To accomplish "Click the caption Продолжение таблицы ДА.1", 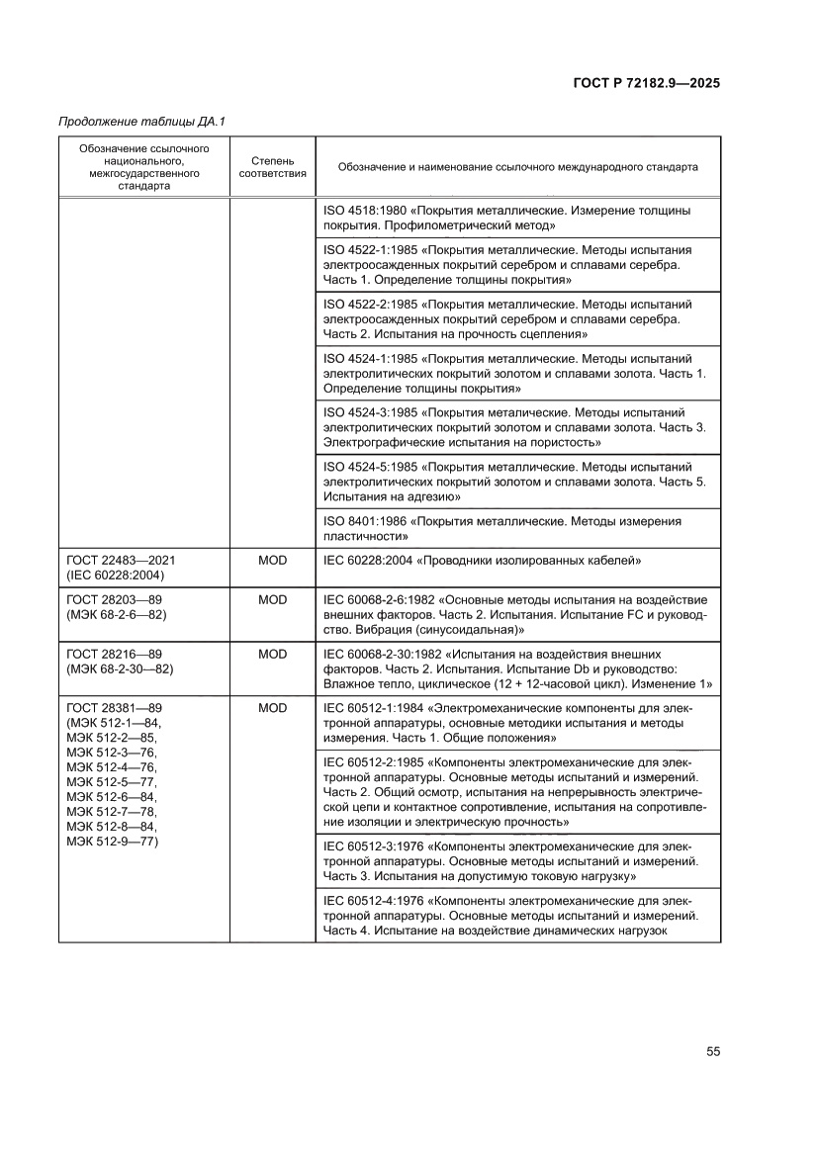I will click(x=142, y=122).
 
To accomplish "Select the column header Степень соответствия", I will click(x=272, y=166).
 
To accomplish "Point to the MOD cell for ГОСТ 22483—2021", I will click(x=272, y=560).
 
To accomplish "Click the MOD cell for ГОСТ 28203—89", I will click(x=272, y=600).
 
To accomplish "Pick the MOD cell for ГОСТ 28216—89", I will click(x=272, y=655).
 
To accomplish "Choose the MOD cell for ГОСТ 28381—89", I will click(x=272, y=708).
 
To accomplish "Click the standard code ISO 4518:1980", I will click(x=368, y=211).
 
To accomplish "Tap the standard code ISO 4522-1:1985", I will click(x=375, y=250).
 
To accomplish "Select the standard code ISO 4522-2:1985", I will click(x=375, y=305).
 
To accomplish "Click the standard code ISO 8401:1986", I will click(x=368, y=520).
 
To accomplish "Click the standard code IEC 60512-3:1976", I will click(x=375, y=846).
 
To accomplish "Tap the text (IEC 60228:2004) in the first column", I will click(x=116, y=575).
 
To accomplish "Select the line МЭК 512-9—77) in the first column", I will click(x=114, y=842).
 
